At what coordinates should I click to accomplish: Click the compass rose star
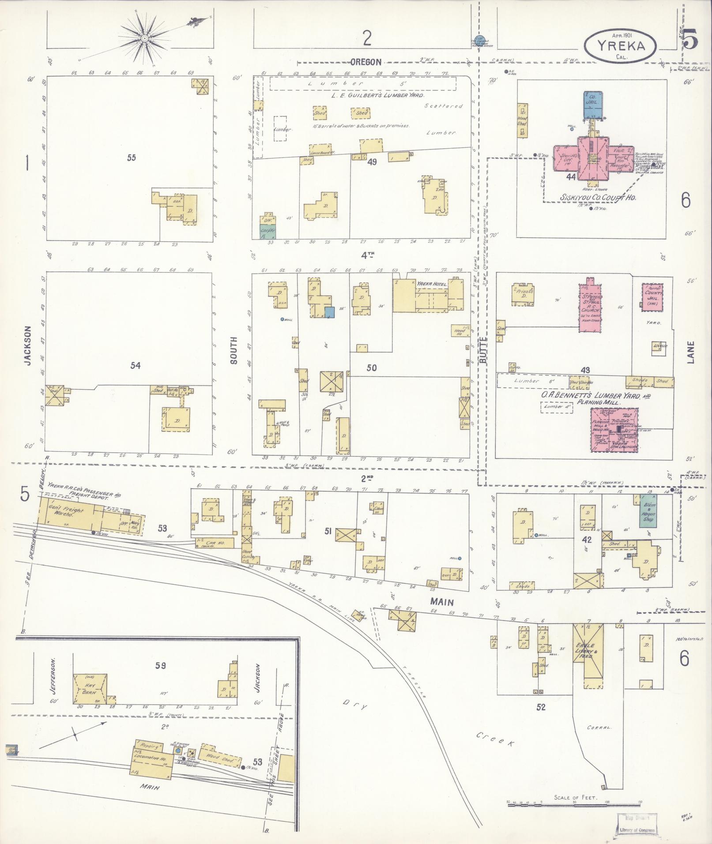[144, 39]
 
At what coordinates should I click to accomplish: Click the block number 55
[131, 158]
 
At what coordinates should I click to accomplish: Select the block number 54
[136, 365]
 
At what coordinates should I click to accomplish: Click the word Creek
[496, 739]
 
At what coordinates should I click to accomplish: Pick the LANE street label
[690, 352]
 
